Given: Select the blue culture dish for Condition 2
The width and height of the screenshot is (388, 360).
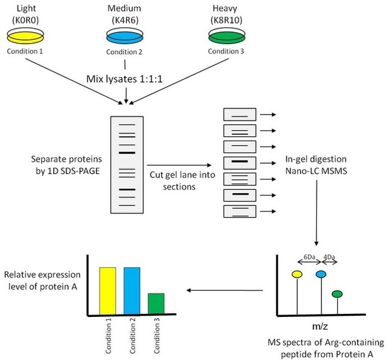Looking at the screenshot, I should pos(124,38).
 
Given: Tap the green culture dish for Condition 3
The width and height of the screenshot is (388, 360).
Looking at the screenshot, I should pos(225,38).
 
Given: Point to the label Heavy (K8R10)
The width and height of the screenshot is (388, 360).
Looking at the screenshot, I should pos(225,15).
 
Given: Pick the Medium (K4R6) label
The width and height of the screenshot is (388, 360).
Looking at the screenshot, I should pos(124,15).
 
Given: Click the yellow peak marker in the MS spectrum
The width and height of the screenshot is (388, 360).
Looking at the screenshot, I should pos(296,275).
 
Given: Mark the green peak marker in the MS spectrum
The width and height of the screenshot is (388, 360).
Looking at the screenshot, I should pos(337,294).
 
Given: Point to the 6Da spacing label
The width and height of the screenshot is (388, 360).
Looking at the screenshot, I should pos(309,256).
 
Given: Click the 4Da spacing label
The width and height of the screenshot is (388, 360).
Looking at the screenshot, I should pos(329,256).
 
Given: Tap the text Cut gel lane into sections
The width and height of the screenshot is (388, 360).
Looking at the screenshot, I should pos(173,181).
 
